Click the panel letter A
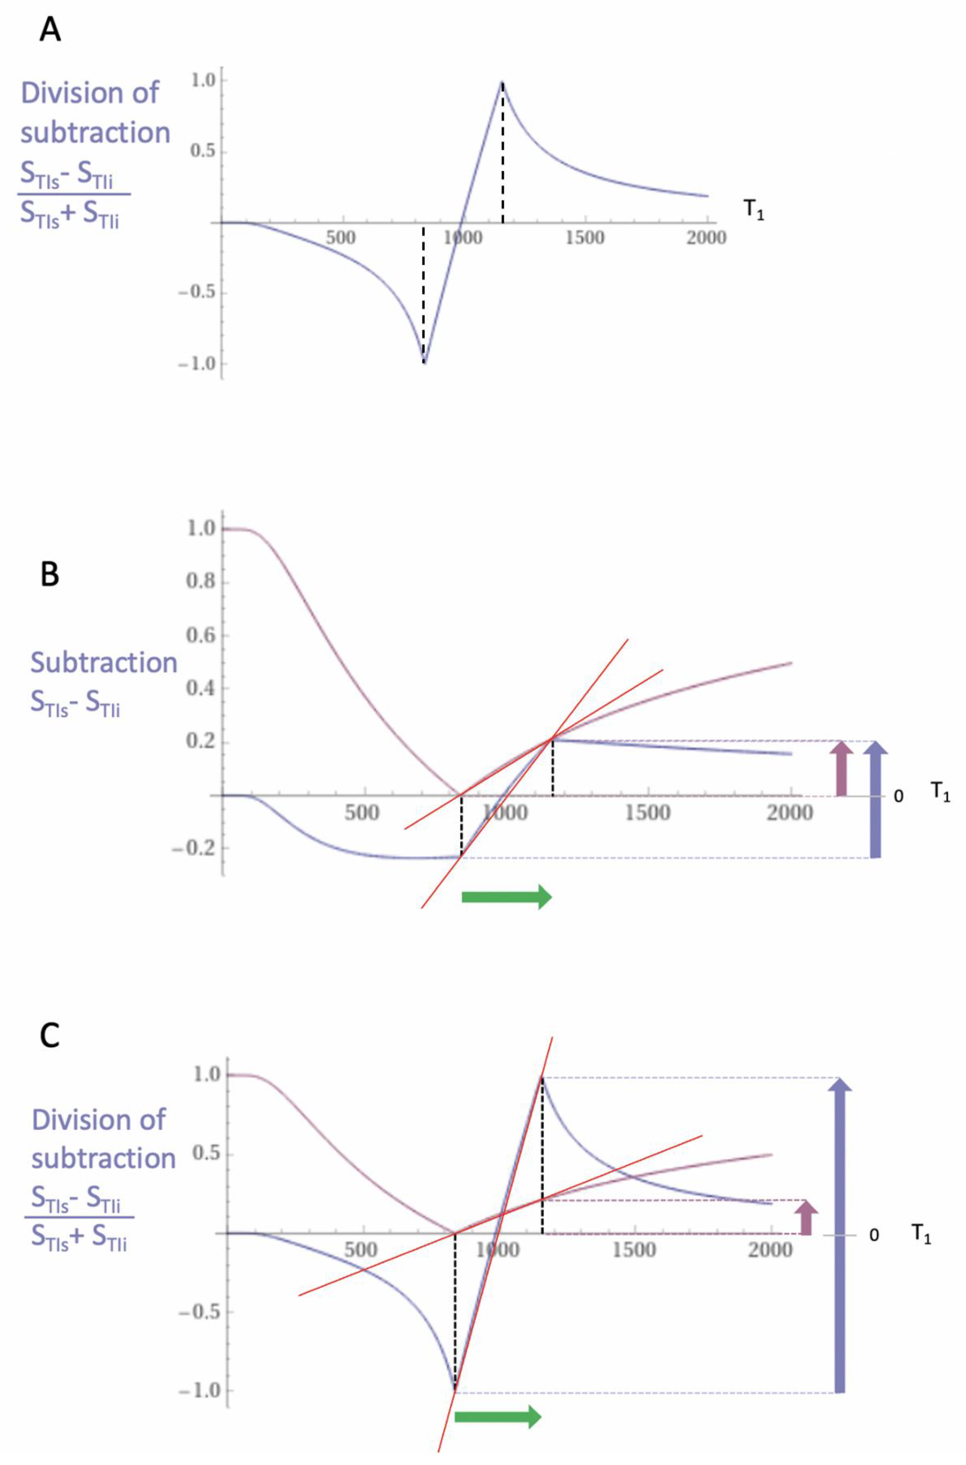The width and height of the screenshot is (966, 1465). pos(50,29)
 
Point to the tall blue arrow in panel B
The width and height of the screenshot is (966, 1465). pos(875,799)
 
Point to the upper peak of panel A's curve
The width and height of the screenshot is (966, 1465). pos(503,82)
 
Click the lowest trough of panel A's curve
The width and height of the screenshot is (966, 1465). pos(424,362)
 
